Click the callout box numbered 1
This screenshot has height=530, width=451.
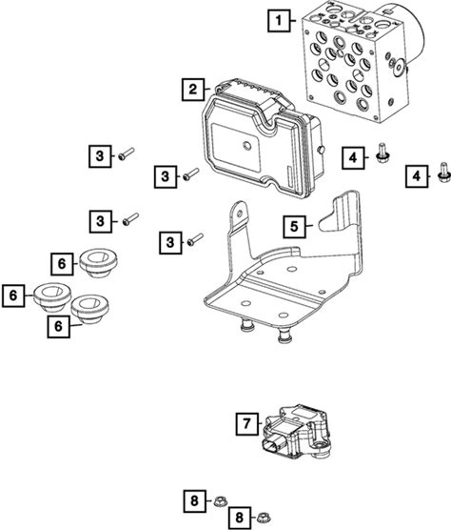pos(279,21)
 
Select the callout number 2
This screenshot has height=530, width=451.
pos(193,90)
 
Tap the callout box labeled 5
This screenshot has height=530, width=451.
pos(294,226)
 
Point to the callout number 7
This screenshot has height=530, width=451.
pos(247,423)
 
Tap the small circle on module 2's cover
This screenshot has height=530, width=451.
pos(247,146)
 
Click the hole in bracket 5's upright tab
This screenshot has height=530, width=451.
pos(240,214)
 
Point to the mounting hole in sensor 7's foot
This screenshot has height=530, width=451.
pos(317,446)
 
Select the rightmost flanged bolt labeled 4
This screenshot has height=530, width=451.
pos(443,173)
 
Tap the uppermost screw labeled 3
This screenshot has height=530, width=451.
pos(127,153)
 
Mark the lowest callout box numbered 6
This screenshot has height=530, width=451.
pos(59,327)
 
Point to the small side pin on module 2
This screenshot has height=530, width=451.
pos(322,149)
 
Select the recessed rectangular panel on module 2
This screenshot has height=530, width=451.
pos(236,147)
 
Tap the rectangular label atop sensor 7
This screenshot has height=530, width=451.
pos(304,414)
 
